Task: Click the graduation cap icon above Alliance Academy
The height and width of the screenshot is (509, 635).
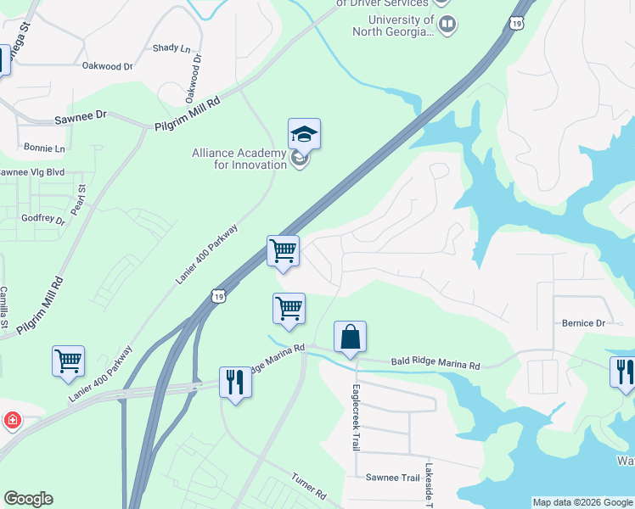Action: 304,134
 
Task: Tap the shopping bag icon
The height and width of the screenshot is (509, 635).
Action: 350,338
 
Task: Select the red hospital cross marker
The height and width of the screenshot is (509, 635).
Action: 11,420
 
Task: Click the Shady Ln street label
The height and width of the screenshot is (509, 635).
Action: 171,48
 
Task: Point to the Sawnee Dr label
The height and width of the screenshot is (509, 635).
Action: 81,115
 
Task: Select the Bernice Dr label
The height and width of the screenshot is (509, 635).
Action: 583,323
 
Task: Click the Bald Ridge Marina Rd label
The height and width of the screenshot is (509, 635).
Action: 436,365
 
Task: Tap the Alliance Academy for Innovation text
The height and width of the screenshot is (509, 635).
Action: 239,159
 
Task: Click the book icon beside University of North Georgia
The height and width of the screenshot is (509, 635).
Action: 447,25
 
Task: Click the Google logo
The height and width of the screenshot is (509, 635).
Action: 28,499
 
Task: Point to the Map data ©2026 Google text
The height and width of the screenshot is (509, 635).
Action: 582,502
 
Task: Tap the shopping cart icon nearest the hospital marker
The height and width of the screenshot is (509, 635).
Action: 68,360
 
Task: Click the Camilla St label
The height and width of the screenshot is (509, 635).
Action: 4,307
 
